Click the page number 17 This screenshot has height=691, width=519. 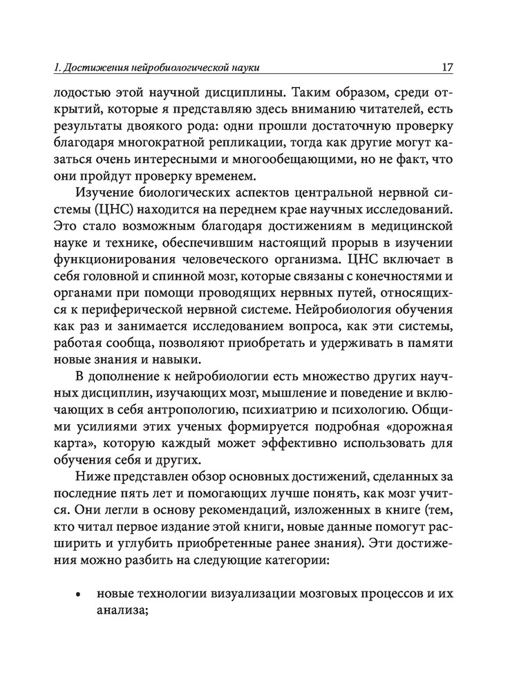(446, 68)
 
